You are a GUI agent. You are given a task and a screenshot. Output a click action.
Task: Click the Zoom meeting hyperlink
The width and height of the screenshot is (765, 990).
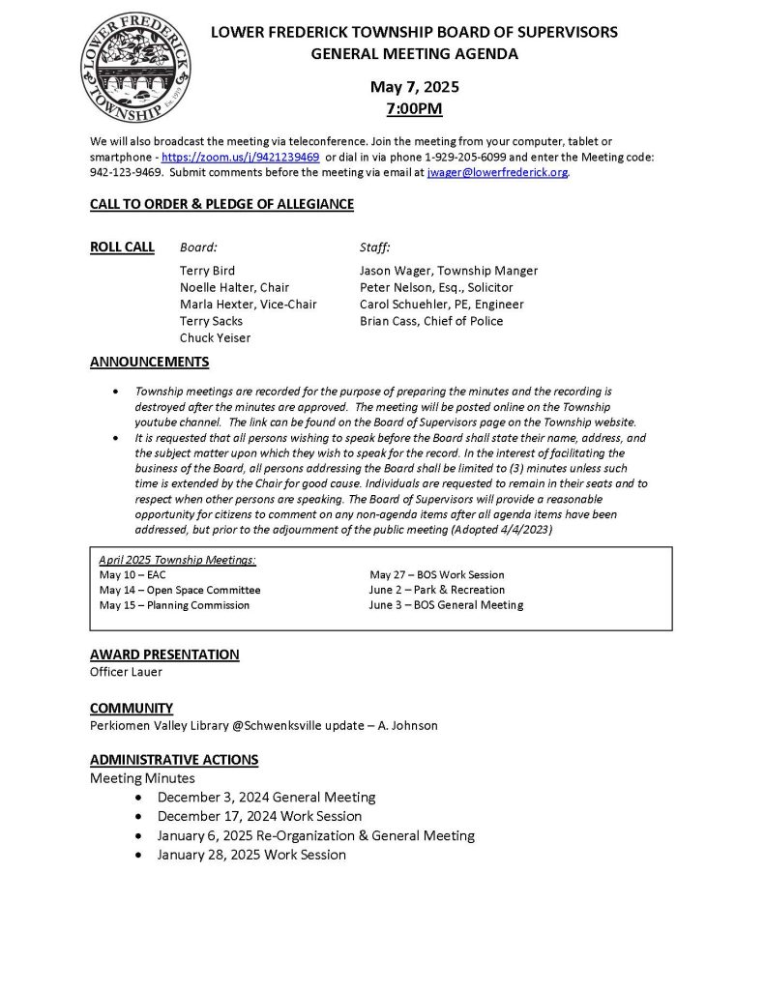tap(240, 157)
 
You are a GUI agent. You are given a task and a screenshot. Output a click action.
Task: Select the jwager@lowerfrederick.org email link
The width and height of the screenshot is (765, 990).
tap(497, 172)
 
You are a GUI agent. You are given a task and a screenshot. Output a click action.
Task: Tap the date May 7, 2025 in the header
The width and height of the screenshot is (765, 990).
tap(414, 87)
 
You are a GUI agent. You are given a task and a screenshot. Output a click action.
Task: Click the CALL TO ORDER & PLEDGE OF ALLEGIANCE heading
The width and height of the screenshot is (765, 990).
tap(221, 204)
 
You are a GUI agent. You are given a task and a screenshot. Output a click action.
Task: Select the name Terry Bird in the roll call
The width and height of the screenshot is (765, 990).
tap(207, 271)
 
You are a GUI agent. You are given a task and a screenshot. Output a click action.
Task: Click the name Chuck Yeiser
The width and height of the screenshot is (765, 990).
tap(215, 338)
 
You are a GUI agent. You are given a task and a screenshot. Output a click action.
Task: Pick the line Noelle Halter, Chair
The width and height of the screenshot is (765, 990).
tap(234, 287)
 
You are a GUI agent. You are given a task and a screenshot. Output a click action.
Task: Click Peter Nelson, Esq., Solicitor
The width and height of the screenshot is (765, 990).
tap(436, 287)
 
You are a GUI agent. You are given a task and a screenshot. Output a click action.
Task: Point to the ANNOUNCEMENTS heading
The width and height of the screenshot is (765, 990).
tap(149, 363)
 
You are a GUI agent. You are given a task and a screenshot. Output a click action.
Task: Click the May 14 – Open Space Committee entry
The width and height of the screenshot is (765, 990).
tap(180, 590)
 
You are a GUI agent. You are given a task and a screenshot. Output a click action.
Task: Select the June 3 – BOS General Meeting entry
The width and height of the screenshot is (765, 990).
tap(446, 605)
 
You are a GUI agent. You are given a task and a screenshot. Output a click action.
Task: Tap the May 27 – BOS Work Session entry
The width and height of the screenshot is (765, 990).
tap(437, 574)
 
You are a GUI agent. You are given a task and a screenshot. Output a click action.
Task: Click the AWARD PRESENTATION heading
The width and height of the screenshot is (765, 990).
tap(164, 655)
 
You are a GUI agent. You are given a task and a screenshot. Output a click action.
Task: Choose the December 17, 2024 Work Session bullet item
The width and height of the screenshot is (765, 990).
tap(252, 816)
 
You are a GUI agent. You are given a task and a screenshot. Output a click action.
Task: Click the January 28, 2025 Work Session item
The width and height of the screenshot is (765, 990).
tap(251, 855)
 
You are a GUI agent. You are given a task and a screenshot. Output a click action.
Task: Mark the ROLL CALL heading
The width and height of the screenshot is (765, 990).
tap(122, 247)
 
